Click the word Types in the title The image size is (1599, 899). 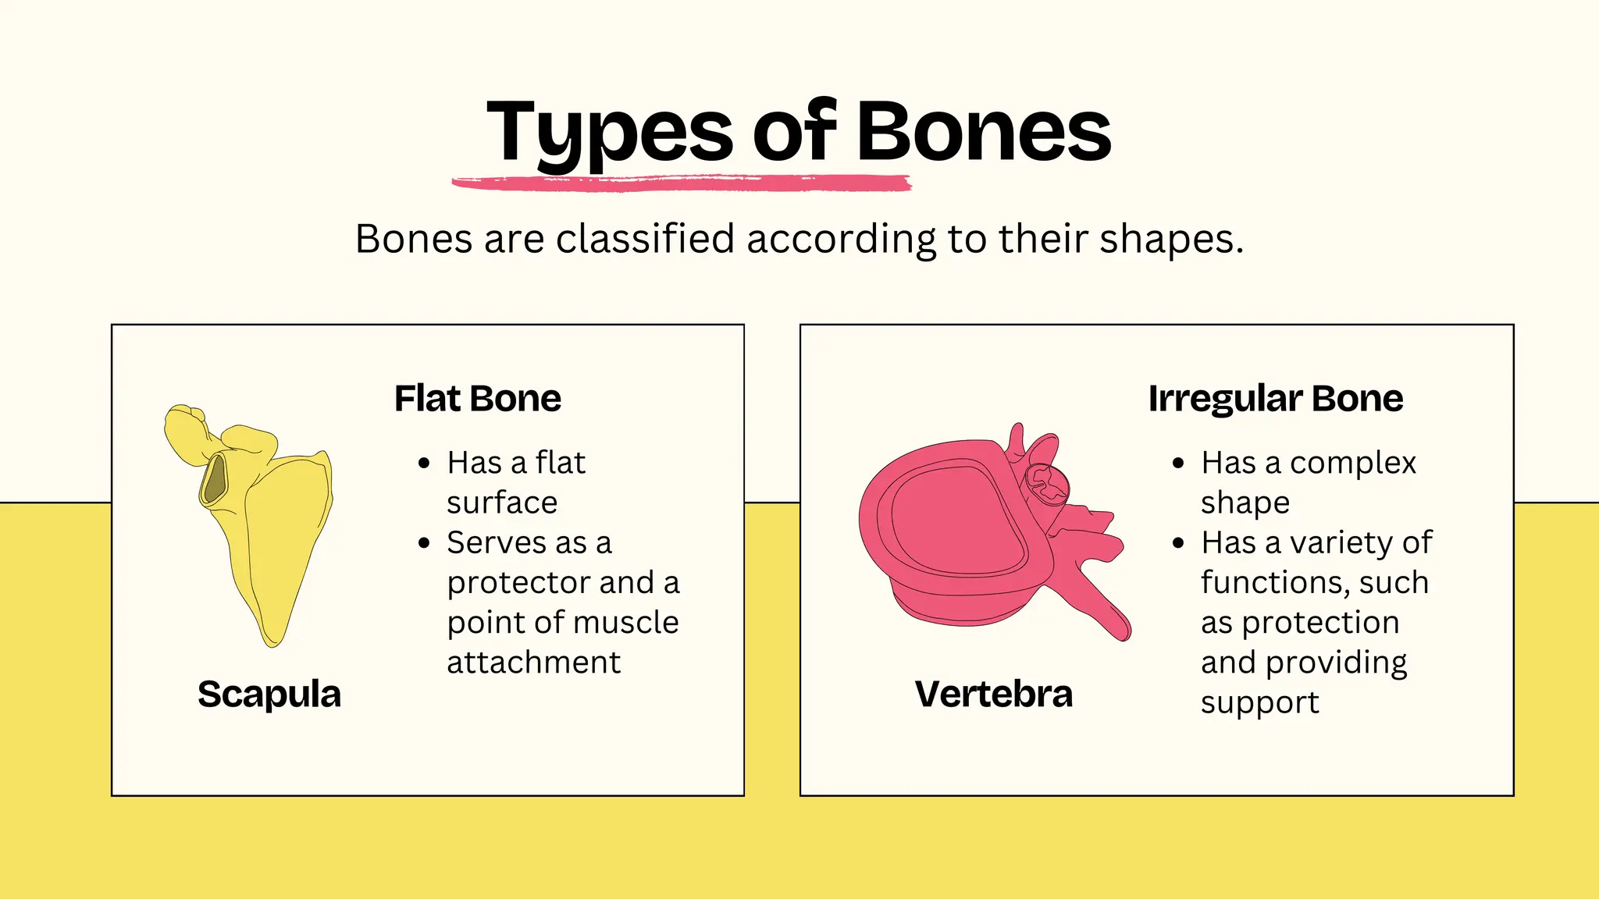click(609, 133)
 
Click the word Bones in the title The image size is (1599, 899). click(984, 133)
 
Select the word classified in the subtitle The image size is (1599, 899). click(645, 239)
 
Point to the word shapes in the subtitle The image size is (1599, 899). click(1166, 240)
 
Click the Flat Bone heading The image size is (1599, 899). click(477, 399)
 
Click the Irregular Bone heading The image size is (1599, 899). click(1275, 399)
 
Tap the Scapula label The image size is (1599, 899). click(269, 695)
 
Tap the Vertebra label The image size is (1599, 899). click(993, 695)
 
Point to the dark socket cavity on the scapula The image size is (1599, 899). click(214, 479)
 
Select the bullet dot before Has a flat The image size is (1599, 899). click(424, 464)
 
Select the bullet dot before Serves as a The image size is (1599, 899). click(424, 543)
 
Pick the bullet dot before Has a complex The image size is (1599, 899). click(1178, 464)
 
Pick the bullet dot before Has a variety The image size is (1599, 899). click(1178, 543)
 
